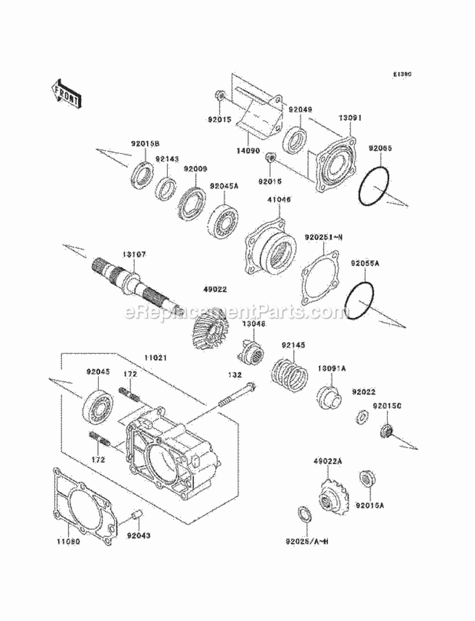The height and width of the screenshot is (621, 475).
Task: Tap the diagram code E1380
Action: (x=402, y=74)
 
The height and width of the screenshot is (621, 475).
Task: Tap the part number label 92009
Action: (x=196, y=169)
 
